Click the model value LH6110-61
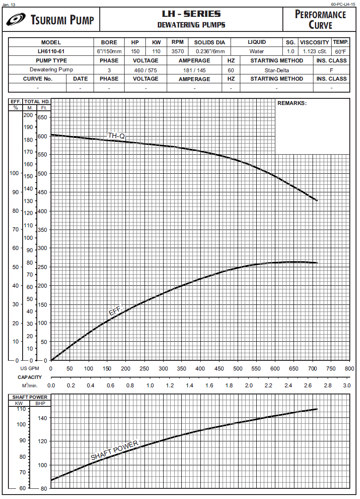[51, 51]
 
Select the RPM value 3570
[177, 51]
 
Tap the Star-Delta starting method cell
[277, 70]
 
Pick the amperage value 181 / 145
[194, 70]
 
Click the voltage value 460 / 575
[145, 70]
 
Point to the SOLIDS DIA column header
[210, 43]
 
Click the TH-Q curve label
[117, 135]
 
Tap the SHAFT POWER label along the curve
[114, 450]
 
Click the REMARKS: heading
[292, 103]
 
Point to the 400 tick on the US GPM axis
[200, 369]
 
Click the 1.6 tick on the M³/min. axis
[209, 386]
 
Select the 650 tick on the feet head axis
[43, 117]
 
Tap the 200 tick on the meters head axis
[28, 115]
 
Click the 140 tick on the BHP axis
[43, 418]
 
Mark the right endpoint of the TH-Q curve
[317, 200]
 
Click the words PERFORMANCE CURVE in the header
[320, 19]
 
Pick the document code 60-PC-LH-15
[344, 4]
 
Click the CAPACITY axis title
[30, 377]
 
